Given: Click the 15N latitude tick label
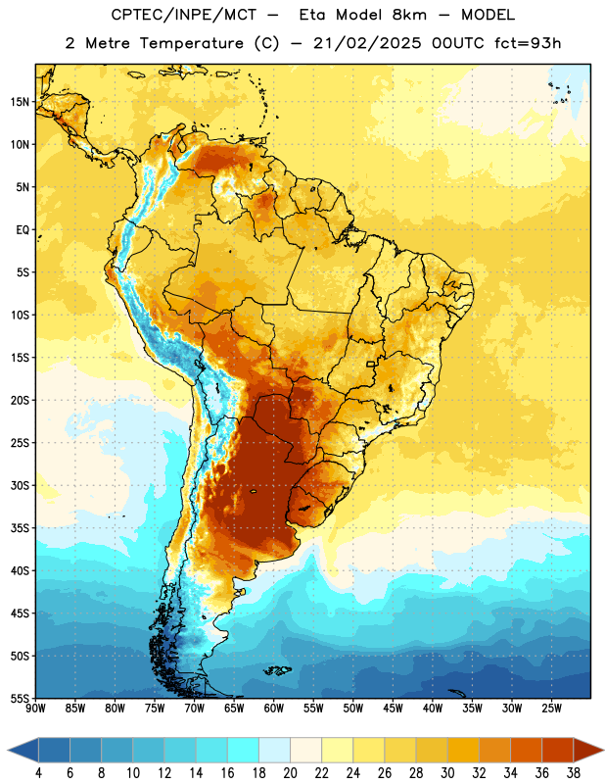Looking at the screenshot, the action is pos(19,102).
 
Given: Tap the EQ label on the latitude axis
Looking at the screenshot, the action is pos(23,230).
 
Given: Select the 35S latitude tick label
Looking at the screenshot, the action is pos(20,528).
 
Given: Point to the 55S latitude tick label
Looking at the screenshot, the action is pos(20,698).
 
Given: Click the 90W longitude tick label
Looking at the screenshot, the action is pos(35,709).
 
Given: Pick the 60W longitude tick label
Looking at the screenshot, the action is pos(274,709).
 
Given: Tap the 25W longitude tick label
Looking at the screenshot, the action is pos(551,709).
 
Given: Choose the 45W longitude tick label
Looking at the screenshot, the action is pos(393,709).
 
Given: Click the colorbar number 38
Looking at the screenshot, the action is pos(574,773).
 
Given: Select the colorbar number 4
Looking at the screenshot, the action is pos(38,773).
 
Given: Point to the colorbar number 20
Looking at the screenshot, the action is pos(290,773).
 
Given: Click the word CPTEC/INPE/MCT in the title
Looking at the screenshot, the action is pos(183,15).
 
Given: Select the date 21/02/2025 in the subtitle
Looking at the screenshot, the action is pos(367,43).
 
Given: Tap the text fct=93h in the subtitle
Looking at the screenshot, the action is pos(528,43).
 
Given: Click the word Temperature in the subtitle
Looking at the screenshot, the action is pos(191,43).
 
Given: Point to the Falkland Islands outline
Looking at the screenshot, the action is pos(277,670).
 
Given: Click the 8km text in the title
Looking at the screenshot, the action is pos(409,15).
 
